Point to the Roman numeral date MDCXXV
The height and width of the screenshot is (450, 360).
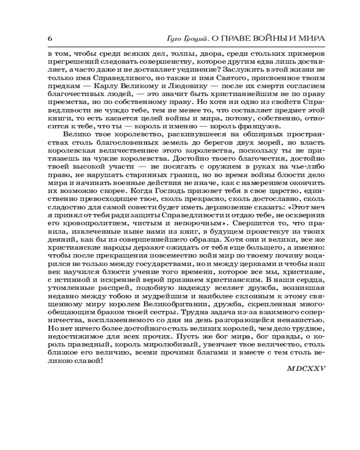pos(306,368)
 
